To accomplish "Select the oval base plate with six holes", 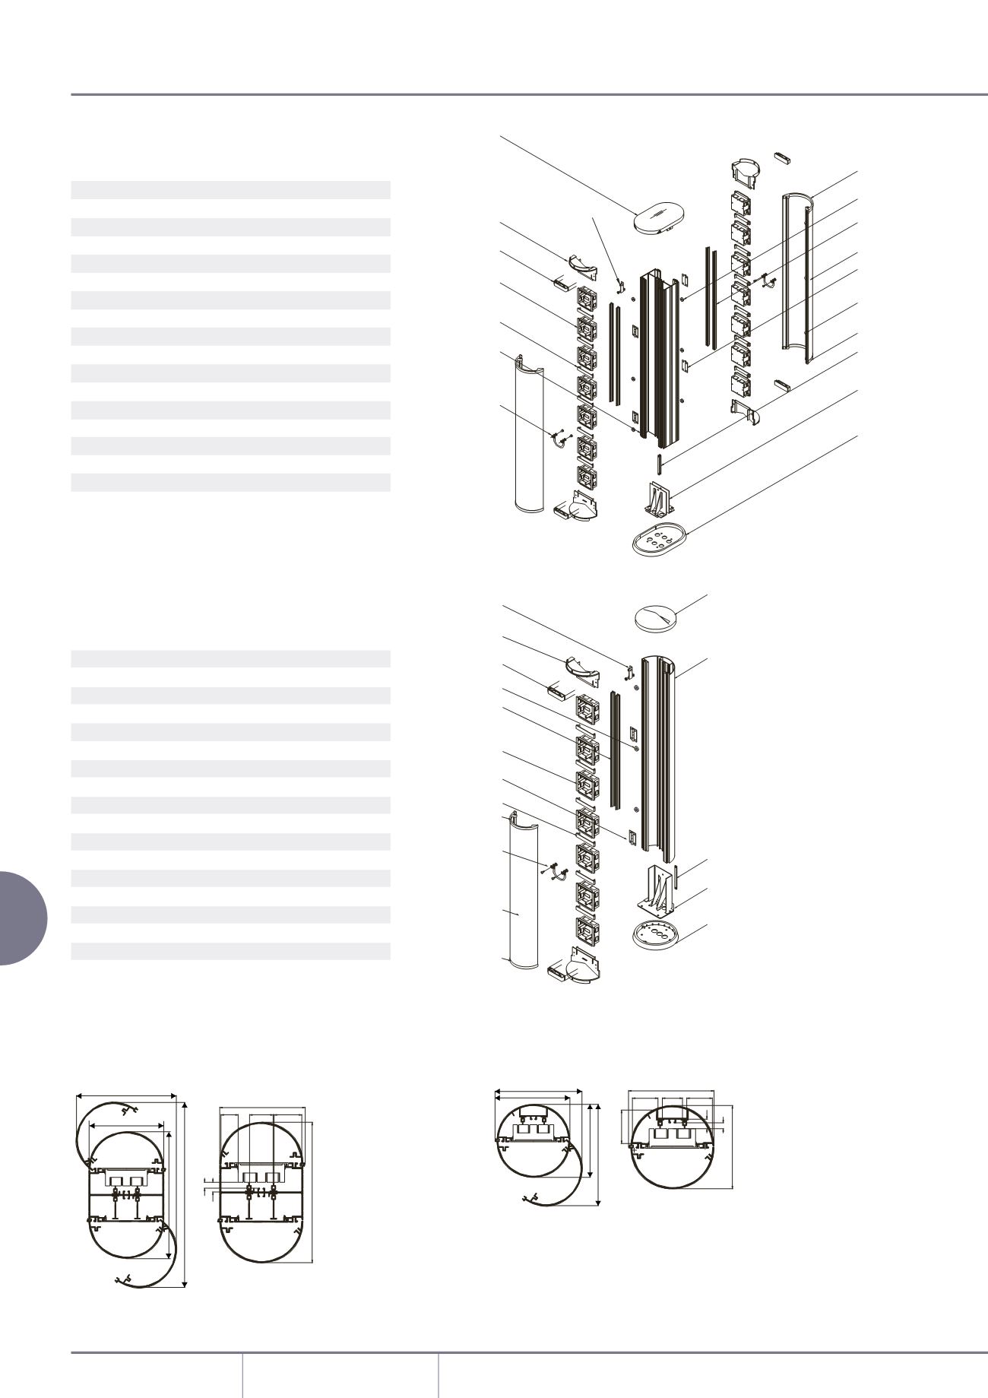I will tap(659, 540).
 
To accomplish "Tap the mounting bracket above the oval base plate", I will tap(657, 498).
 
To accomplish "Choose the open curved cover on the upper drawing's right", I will tap(798, 277).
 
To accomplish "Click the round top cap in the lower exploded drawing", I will tap(656, 618).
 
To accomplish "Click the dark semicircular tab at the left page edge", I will tap(23, 918).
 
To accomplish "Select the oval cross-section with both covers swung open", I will tap(129, 1190).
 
